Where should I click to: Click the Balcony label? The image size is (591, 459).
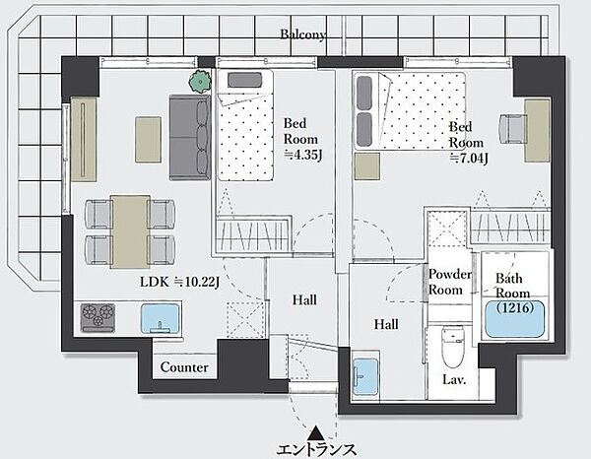(302, 34)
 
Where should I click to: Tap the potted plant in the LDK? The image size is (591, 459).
(200, 82)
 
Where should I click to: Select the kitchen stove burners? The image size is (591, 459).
(98, 317)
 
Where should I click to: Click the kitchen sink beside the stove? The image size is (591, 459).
(161, 319)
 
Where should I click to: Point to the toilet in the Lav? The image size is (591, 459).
(453, 348)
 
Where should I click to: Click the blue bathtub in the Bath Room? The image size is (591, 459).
(515, 319)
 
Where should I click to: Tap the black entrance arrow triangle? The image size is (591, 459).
(314, 433)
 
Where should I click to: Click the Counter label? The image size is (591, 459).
(184, 367)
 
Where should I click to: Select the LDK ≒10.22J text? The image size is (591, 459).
(180, 282)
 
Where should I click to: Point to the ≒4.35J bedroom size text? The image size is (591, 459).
(303, 155)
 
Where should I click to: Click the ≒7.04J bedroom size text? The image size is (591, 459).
(469, 159)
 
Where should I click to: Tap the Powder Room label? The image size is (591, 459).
(450, 282)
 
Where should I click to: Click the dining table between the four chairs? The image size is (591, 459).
(130, 231)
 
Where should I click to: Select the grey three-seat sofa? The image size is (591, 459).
(189, 137)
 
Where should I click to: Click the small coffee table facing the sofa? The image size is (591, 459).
(149, 140)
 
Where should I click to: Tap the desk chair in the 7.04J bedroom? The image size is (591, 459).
(512, 129)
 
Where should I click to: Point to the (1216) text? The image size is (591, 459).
(515, 308)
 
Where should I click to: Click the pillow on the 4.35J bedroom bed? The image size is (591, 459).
(244, 80)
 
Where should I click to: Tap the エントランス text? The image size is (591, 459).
(316, 450)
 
